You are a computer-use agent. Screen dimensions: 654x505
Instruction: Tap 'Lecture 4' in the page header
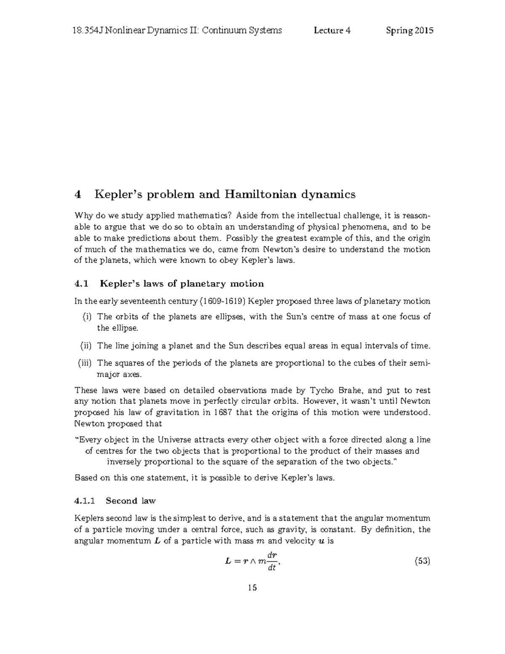tap(332, 30)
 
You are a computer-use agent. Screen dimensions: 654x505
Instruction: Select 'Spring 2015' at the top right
tap(409, 30)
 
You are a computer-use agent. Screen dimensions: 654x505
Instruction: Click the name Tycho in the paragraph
tap(321, 390)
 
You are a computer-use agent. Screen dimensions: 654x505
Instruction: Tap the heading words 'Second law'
tap(130, 501)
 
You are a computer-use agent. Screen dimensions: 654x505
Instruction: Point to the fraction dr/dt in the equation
tap(271, 561)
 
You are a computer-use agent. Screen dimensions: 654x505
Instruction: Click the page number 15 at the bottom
tap(252, 588)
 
